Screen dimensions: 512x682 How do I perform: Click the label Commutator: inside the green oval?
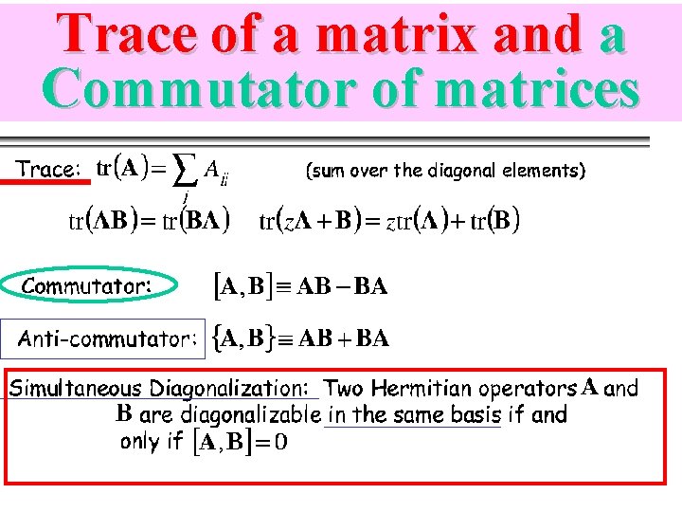pos(86,285)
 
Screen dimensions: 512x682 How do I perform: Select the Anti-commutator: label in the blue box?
pos(108,338)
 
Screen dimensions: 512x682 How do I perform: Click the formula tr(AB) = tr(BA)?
pos(150,222)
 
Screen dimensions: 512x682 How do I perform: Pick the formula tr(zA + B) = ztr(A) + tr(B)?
pos(389,222)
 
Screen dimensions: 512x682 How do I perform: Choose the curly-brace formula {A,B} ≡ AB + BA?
pos(301,338)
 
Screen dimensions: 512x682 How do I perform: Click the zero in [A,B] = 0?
pos(281,443)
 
